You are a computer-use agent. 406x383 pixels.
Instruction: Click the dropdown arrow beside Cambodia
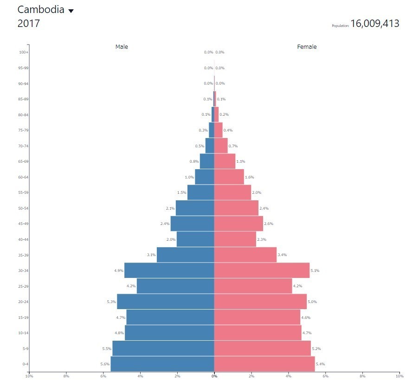[x=71, y=11]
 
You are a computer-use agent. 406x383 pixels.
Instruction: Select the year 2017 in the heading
[x=29, y=24]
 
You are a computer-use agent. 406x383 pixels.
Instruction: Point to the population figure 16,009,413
[x=374, y=24]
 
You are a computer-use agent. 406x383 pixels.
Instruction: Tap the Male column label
[x=122, y=47]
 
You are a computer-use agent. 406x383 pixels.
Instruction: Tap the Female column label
[x=307, y=47]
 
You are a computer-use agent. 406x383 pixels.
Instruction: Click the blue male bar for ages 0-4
[x=162, y=364]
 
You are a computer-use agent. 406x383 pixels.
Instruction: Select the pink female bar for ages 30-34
[x=262, y=271]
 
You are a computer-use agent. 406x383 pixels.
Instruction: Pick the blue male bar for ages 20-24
[x=166, y=302]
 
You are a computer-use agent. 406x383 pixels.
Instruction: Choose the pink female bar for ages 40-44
[x=235, y=239]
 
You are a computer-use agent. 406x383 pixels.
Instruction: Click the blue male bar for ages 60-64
[x=205, y=177]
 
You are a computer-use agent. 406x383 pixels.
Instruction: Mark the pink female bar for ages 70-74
[x=221, y=146]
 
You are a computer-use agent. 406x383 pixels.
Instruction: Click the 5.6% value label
[x=105, y=364]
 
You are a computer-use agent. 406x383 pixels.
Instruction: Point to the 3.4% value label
[x=282, y=255]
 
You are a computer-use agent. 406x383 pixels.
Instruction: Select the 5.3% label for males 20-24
[x=111, y=302]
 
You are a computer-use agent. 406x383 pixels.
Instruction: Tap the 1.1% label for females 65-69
[x=240, y=161]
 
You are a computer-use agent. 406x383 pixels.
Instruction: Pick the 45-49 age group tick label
[x=23, y=224]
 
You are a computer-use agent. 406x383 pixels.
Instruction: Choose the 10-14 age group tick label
[x=23, y=333]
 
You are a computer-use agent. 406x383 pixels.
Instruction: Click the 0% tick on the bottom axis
[x=214, y=376]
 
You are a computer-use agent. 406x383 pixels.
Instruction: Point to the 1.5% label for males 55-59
[x=181, y=192]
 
